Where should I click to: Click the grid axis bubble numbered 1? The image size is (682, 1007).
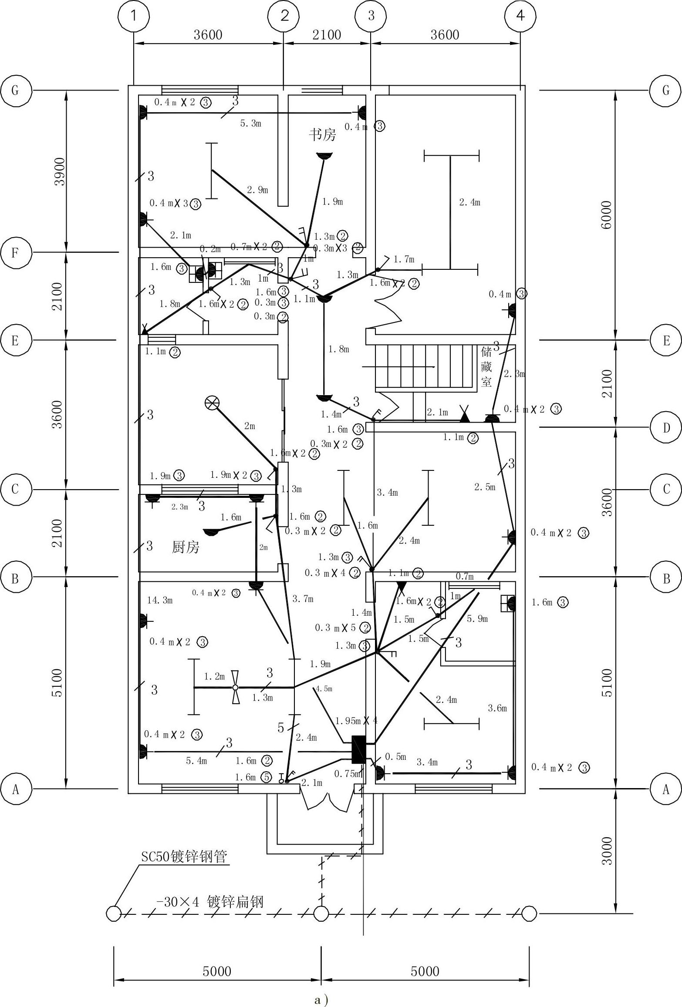[x=134, y=16]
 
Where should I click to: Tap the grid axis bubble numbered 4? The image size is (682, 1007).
[x=520, y=16]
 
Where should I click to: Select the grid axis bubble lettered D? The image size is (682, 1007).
[x=666, y=428]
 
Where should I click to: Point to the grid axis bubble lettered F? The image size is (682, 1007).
[x=15, y=252]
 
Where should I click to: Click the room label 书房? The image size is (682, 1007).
[x=322, y=134]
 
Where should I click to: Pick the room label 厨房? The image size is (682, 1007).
[x=186, y=547]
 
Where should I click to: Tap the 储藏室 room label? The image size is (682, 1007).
[x=486, y=367]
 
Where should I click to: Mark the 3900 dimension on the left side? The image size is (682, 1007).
[x=59, y=171]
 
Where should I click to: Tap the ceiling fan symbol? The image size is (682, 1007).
[x=236, y=687]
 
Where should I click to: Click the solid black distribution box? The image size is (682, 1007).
[x=358, y=749]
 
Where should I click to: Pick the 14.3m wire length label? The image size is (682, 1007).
[x=160, y=601]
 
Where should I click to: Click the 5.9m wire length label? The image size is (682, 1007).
[x=477, y=618]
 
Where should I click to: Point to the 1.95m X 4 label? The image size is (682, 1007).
[x=356, y=721]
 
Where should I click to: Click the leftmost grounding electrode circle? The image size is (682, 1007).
[x=113, y=913]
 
